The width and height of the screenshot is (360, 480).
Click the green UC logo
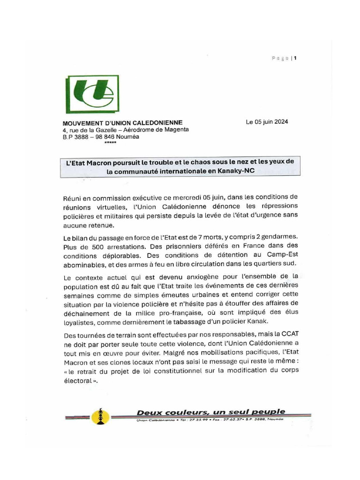pos(92,95)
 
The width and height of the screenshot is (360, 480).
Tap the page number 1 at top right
pos(295,59)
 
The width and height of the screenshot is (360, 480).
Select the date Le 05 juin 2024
pos(267,122)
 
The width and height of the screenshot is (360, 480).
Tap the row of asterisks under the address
pos(110,143)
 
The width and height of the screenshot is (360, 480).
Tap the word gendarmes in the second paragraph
pos(279,238)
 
